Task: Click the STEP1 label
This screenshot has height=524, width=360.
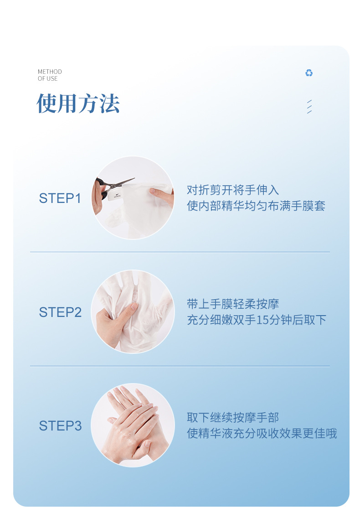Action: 60,198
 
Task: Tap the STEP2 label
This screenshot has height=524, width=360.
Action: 61,312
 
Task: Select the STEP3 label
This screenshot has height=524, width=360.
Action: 61,426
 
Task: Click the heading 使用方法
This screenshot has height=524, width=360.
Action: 78,103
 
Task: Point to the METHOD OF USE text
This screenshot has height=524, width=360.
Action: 50,75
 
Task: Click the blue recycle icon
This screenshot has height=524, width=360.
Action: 309,73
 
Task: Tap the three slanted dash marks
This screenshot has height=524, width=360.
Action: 309,107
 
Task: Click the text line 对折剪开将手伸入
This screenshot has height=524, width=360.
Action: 233,190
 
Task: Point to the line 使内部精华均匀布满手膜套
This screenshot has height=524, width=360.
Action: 256,206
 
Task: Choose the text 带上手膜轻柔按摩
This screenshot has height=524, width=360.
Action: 233,304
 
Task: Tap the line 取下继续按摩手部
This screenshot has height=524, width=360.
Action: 233,417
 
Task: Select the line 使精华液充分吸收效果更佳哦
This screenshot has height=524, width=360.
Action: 262,433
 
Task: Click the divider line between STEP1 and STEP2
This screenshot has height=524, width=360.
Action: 180,252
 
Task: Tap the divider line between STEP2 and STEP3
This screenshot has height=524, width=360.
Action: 180,366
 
